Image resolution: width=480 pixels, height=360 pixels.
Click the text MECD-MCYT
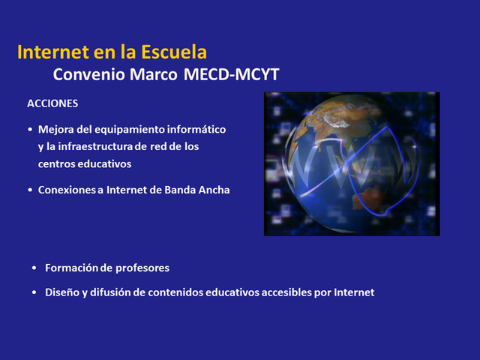pos(235,75)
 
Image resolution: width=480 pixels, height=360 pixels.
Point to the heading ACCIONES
pos(52,103)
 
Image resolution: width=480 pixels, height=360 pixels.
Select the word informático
pos(199,129)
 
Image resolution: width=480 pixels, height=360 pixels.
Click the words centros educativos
pos(84,162)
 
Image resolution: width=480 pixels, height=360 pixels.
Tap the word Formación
pos(71,268)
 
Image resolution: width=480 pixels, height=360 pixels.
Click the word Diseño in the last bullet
pos(61,292)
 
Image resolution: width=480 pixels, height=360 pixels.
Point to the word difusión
pos(112,292)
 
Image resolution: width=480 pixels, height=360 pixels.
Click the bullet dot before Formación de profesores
pos(34,268)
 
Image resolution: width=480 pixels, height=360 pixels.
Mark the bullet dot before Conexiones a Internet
pos(29,190)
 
